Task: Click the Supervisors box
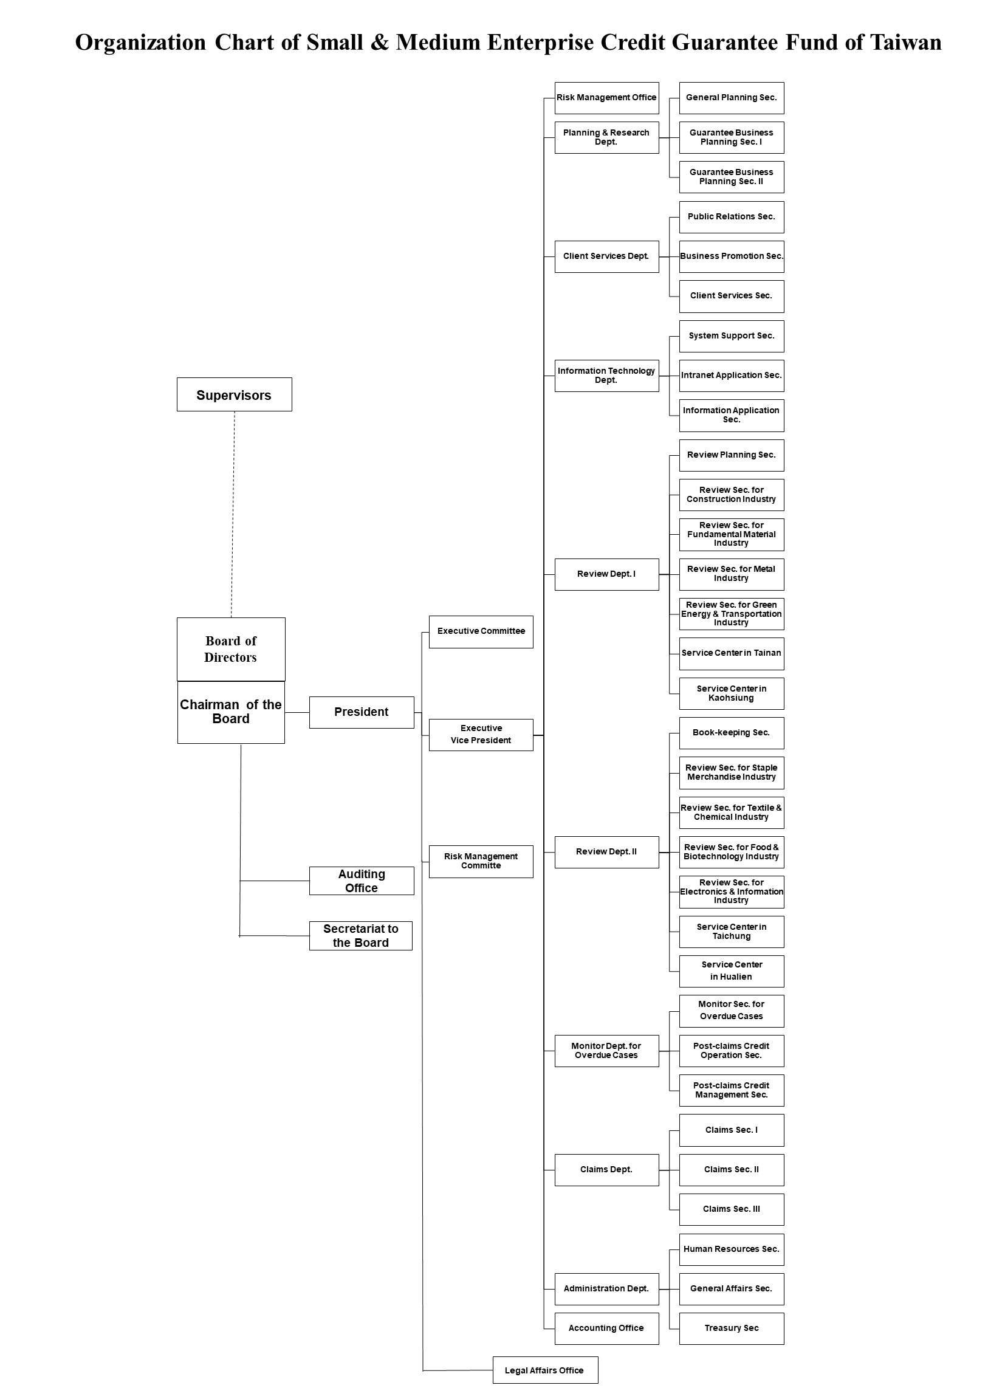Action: pyautogui.click(x=235, y=395)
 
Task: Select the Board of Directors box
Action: pyautogui.click(x=231, y=649)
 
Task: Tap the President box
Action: pyautogui.click(x=361, y=712)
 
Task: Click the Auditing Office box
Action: pyautogui.click(x=361, y=881)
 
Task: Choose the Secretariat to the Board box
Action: pyautogui.click(x=360, y=936)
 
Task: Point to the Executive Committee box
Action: pyautogui.click(x=481, y=631)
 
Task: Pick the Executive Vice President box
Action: pyautogui.click(x=481, y=734)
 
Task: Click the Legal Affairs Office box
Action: pyautogui.click(x=546, y=1370)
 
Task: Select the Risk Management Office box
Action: pyautogui.click(x=606, y=98)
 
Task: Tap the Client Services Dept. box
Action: pyautogui.click(x=606, y=256)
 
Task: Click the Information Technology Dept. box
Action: pyautogui.click(x=606, y=376)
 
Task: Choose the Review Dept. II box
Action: pyautogui.click(x=606, y=852)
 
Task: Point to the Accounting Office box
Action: pyautogui.click(x=606, y=1328)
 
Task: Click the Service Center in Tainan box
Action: pyautogui.click(x=732, y=654)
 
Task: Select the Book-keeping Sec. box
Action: pyautogui.click(x=732, y=733)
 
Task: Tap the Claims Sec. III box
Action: pyautogui.click(x=732, y=1209)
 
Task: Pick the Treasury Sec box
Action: pyautogui.click(x=732, y=1328)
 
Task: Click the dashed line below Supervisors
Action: pyautogui.click(x=233, y=514)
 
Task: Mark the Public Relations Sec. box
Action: pyautogui.click(x=732, y=218)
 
